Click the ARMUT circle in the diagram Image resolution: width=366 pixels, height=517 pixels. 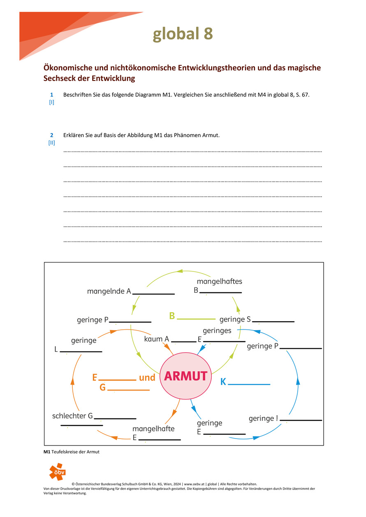click(x=185, y=376)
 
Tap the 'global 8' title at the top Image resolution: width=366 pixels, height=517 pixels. click(x=183, y=34)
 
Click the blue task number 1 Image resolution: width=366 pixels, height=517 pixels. click(x=51, y=95)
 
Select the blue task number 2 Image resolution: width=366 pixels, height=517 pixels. click(x=51, y=135)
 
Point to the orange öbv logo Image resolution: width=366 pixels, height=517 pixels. click(x=57, y=472)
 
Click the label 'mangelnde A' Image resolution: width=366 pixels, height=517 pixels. click(x=109, y=291)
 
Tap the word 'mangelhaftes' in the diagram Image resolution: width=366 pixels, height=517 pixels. click(x=219, y=281)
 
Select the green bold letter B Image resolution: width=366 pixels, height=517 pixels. click(x=172, y=316)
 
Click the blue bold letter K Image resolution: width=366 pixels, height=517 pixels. click(x=223, y=382)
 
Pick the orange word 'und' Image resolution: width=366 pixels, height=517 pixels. click(x=147, y=377)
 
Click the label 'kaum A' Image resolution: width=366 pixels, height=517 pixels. click(x=157, y=339)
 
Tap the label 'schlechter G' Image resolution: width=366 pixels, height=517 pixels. click(x=72, y=416)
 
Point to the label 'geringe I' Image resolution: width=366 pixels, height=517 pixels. click(x=263, y=418)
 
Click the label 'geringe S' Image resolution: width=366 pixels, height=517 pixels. click(x=235, y=319)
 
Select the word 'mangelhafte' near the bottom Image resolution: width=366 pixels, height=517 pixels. click(x=153, y=429)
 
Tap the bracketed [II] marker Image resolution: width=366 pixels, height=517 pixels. click(x=51, y=143)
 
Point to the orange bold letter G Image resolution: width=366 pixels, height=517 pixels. click(x=103, y=387)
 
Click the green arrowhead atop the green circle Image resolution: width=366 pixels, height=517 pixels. click(x=179, y=271)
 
